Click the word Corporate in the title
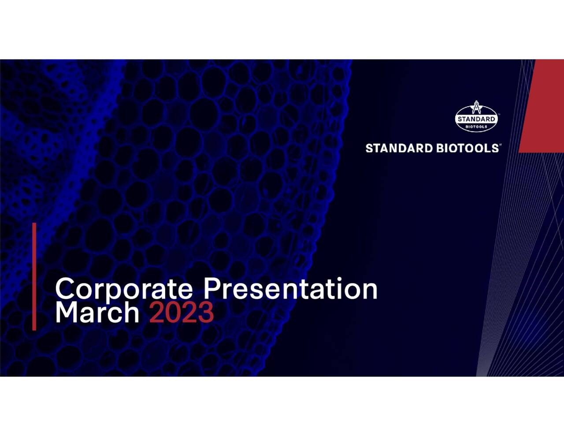pyautogui.click(x=124, y=290)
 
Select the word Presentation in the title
pyautogui.click(x=290, y=289)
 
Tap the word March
pyautogui.click(x=97, y=312)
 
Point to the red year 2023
pyautogui.click(x=182, y=312)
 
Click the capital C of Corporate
pyautogui.click(x=64, y=289)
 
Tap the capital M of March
pyautogui.click(x=66, y=312)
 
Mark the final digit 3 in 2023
pyautogui.click(x=206, y=312)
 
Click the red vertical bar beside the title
pyautogui.click(x=34, y=276)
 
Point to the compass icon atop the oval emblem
pyautogui.click(x=476, y=107)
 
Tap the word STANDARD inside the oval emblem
pyautogui.click(x=476, y=119)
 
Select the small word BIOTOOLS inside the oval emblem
pyautogui.click(x=476, y=127)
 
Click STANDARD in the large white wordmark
pyautogui.click(x=399, y=149)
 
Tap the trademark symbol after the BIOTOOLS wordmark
pyautogui.click(x=501, y=145)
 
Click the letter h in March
pyautogui.click(x=131, y=312)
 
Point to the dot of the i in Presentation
pyautogui.click(x=339, y=279)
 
